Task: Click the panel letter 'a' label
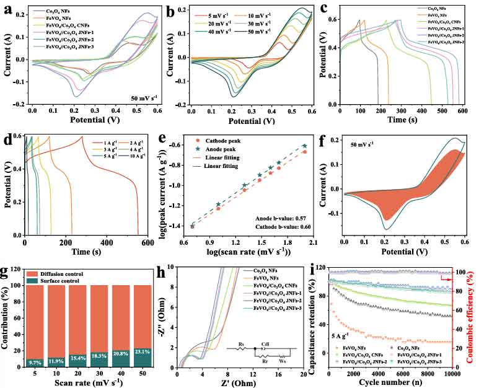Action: (x=9, y=9)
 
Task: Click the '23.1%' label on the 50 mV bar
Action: (x=143, y=353)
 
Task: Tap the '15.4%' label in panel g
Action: (x=78, y=358)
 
